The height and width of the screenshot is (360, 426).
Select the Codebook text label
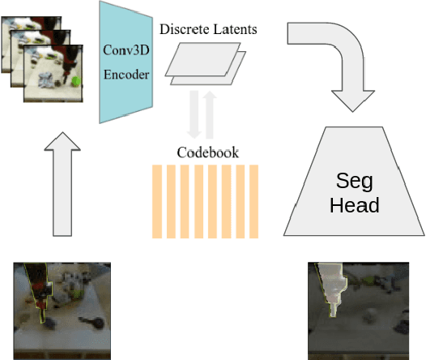pos(205,152)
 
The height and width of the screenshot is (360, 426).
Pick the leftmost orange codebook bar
pos(157,200)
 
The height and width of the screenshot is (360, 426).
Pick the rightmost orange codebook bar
pos(253,200)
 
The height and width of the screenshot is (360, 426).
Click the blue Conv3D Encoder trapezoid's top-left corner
pos(101,3)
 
